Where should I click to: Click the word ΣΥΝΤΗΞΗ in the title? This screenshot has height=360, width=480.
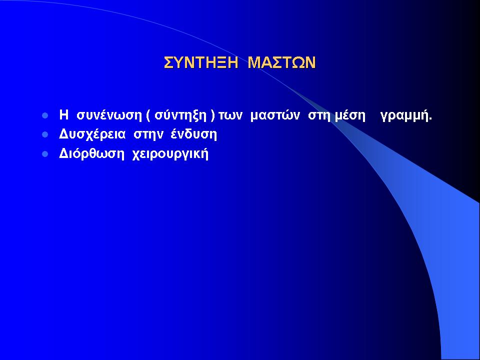pos(201,62)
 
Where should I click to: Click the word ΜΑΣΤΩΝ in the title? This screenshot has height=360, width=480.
pos(281,62)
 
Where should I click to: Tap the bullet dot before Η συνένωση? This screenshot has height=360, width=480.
pos(45,116)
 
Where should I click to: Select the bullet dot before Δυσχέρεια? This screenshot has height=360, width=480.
pos(45,134)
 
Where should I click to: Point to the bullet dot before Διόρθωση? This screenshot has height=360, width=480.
pos(45,153)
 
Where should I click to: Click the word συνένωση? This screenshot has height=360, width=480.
pos(109,115)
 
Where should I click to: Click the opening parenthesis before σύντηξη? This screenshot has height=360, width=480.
pos(148,116)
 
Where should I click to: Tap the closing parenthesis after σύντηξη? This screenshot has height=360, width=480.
pos(213,116)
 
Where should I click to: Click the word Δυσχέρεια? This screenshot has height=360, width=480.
pos(92,134)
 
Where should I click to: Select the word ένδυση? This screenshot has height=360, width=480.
pos(194,134)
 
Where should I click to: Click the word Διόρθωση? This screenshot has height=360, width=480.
pos(92,154)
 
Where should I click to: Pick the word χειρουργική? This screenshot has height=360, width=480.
pos(170,154)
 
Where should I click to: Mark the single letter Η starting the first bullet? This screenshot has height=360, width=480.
pos(63,115)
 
